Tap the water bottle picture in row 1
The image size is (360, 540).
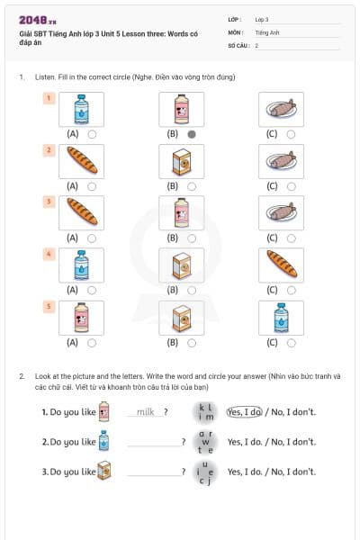(81, 109)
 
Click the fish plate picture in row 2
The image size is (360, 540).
(280, 161)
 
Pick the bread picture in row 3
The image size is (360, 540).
(81, 213)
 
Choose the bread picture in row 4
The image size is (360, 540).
(280, 265)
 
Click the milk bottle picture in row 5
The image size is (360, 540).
(81, 318)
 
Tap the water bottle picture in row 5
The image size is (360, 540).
(280, 318)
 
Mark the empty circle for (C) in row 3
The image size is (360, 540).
(291, 238)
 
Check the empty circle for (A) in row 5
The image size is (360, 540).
(93, 343)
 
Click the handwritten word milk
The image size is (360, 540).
(146, 412)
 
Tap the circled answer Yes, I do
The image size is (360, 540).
(244, 412)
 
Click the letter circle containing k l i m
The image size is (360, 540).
(206, 412)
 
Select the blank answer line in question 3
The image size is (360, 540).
(153, 472)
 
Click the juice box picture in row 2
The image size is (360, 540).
(180, 161)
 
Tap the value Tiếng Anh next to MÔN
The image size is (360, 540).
(267, 31)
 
